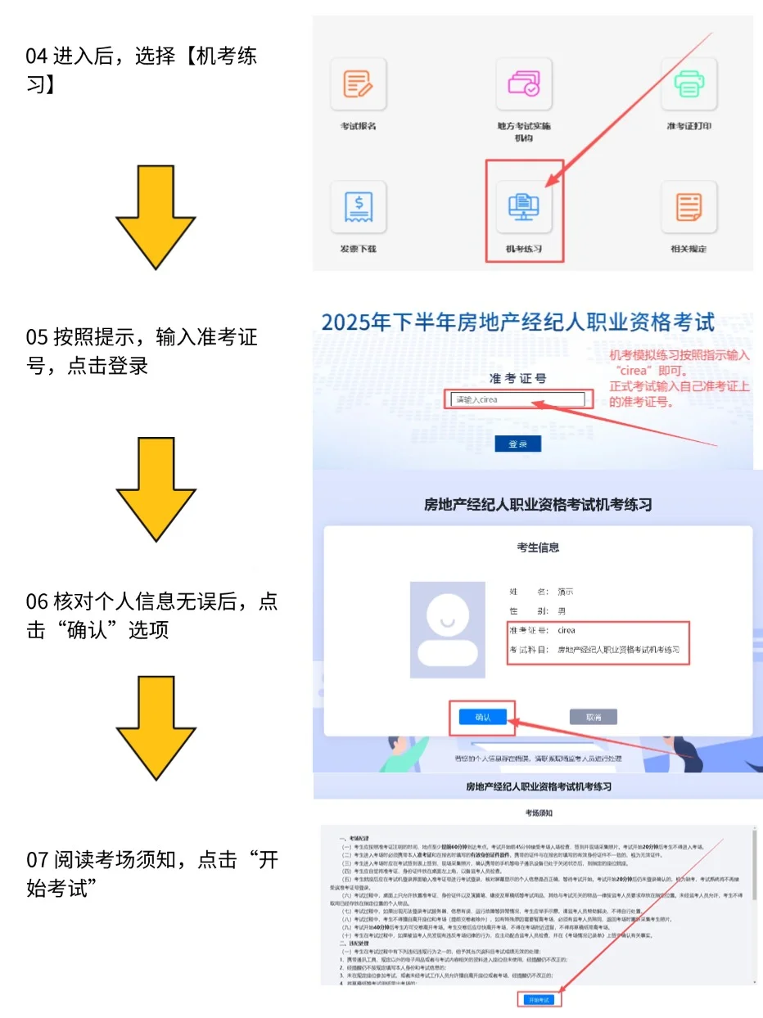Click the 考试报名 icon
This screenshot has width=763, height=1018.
pos(358,84)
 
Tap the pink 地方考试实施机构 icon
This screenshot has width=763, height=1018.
pos(524,84)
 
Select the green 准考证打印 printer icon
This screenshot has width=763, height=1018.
pos(689,84)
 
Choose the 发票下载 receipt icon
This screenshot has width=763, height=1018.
pos(358,207)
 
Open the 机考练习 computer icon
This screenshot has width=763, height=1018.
pos(524,207)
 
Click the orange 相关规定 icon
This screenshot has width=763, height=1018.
pos(689,207)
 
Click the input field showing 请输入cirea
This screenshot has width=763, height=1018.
pos(517,400)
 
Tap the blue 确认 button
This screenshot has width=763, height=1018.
pos(482,717)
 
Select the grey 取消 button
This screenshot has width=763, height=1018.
pos(593,717)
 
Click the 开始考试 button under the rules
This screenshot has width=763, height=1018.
pos(539,1000)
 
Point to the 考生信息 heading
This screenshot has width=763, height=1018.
pos(538,547)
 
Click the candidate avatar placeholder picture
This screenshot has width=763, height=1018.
pos(447,630)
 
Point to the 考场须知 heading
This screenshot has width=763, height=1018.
pos(539,813)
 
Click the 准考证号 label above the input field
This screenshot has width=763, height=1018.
pos(517,379)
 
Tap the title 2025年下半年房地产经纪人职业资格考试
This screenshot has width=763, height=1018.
pos(517,321)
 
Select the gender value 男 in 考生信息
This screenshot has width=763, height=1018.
pos(562,610)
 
